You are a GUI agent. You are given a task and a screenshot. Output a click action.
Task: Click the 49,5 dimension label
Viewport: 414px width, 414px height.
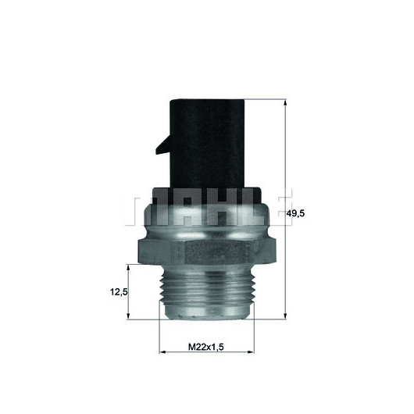(295, 213)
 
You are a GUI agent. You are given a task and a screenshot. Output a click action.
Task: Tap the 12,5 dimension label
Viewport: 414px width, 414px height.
(119, 292)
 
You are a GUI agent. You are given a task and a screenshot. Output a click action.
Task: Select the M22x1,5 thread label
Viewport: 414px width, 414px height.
(206, 347)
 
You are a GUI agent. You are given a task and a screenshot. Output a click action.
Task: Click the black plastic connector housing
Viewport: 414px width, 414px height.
(207, 144)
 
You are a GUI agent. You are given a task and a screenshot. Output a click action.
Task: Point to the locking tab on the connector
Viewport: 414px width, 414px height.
(164, 145)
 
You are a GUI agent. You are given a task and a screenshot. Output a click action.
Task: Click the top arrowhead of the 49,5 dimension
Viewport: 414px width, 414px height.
(285, 102)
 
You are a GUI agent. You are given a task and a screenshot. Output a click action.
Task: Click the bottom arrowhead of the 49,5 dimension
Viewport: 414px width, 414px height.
(285, 316)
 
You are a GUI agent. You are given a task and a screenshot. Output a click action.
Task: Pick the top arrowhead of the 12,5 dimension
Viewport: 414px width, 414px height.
(128, 267)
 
